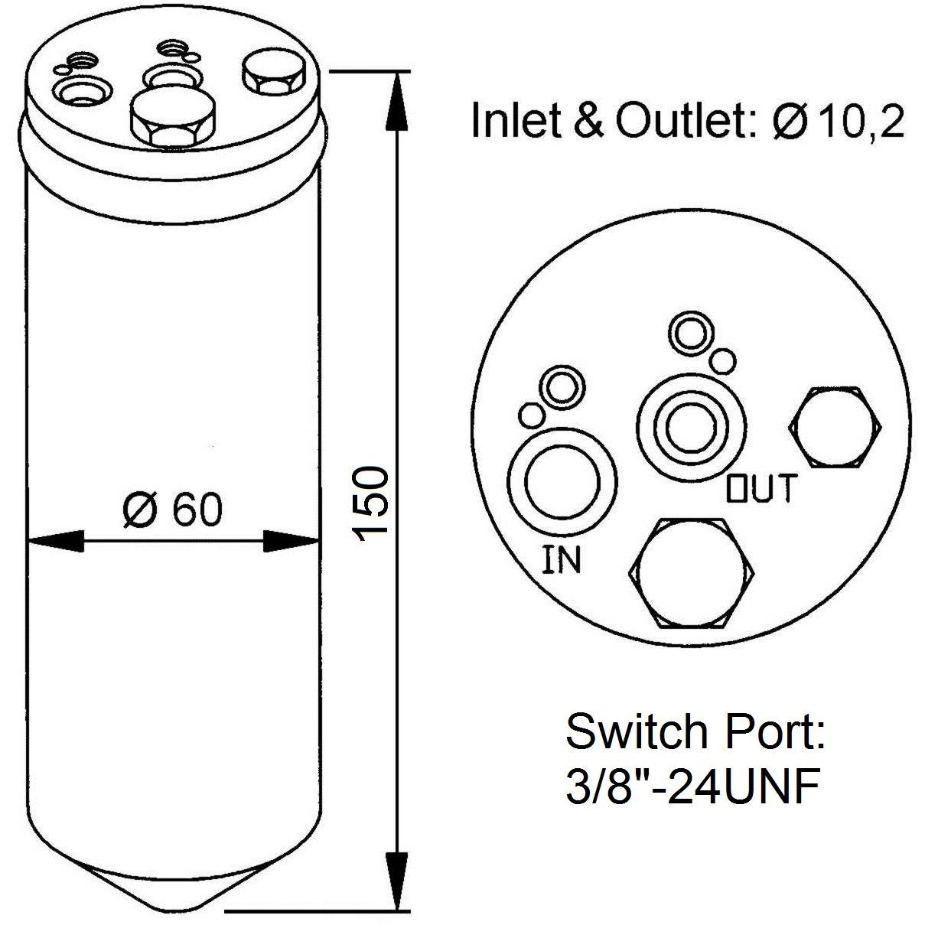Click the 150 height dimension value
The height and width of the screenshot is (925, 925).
pyautogui.click(x=370, y=504)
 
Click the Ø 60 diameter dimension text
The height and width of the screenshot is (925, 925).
pyautogui.click(x=172, y=509)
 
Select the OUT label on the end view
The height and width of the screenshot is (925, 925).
pyautogui.click(x=763, y=488)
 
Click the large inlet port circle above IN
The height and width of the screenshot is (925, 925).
pyautogui.click(x=562, y=481)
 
